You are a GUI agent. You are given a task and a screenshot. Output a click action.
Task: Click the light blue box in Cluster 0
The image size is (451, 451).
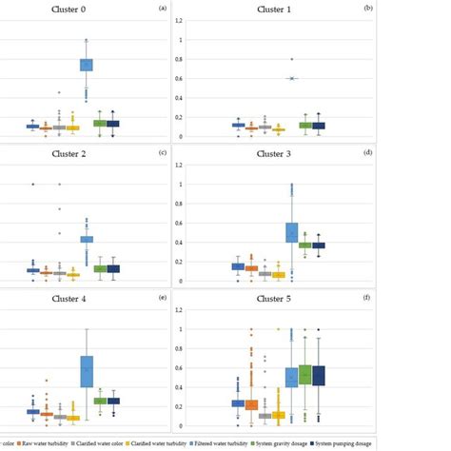(x=86, y=65)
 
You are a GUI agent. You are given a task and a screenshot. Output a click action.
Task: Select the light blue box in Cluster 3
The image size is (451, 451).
(x=292, y=232)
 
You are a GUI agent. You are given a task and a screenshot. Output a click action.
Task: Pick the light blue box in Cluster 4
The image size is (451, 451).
(x=87, y=371)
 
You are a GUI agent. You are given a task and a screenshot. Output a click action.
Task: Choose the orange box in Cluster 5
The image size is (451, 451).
(x=251, y=404)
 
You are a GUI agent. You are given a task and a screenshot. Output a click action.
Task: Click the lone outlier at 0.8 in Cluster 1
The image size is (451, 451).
(x=292, y=59)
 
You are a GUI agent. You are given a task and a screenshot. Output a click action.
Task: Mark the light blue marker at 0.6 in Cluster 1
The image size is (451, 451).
(x=292, y=78)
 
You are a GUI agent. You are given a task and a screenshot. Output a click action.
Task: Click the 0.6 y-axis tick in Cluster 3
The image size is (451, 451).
(x=178, y=224)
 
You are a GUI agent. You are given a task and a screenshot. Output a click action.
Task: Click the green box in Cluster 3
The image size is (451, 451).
(x=305, y=245)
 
